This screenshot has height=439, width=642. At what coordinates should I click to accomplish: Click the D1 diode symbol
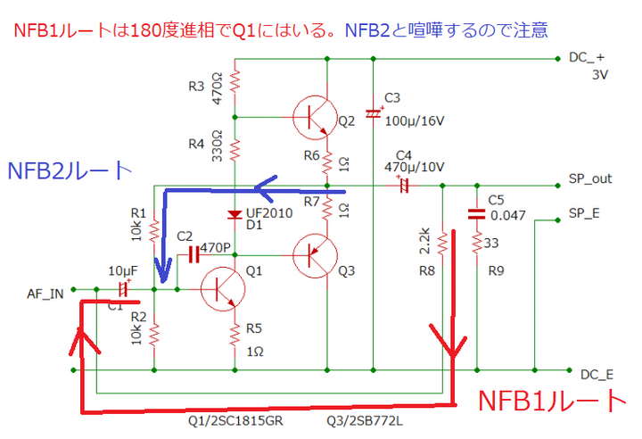[x=235, y=214]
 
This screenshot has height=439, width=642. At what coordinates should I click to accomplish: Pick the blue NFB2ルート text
[x=70, y=171]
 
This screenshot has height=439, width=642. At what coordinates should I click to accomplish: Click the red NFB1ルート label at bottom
[x=548, y=401]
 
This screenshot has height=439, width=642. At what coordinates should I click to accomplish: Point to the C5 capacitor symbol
[x=477, y=212]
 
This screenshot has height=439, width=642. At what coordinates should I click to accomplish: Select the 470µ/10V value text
[x=412, y=166]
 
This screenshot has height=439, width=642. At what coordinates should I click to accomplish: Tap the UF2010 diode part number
[x=268, y=213]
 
